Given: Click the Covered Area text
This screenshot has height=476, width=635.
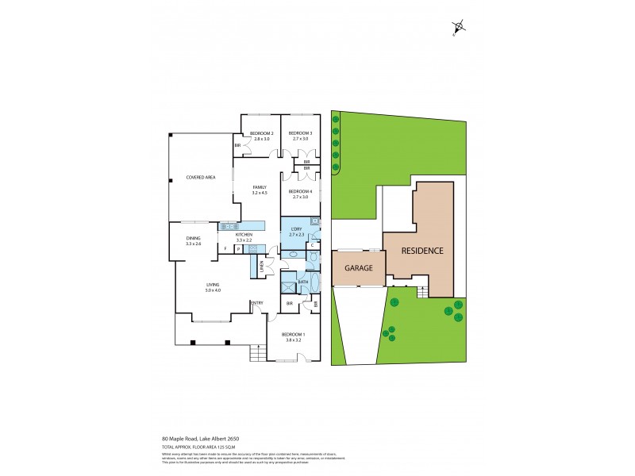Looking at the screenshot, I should pyautogui.click(x=201, y=177).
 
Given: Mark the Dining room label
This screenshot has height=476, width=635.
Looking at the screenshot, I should pyautogui.click(x=194, y=240).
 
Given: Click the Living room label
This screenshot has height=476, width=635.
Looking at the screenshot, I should pyautogui.click(x=212, y=286).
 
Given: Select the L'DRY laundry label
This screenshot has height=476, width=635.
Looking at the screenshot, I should pyautogui.click(x=297, y=232).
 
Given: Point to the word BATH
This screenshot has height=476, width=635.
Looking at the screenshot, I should pyautogui.click(x=303, y=282).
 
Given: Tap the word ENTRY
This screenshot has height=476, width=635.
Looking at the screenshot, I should pyautogui.click(x=257, y=302).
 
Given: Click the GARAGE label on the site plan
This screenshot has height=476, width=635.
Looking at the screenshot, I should pyautogui.click(x=358, y=268).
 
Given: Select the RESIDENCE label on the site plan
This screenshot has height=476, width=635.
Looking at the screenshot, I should pyautogui.click(x=421, y=250).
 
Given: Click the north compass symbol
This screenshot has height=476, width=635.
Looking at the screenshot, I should pyautogui.click(x=460, y=28).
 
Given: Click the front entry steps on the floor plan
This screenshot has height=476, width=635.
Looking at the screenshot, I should pyautogui.click(x=256, y=352).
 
